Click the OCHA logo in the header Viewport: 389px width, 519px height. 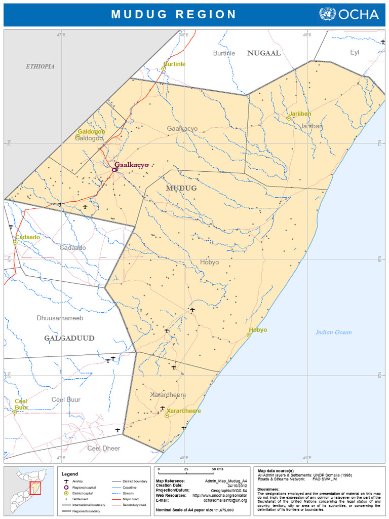[x=349, y=14]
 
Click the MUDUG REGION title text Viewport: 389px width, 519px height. [x=174, y=14]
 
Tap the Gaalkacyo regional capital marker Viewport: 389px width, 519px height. [x=114, y=170]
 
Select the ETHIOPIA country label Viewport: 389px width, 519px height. [x=40, y=66]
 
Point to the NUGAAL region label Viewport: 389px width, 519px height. [x=263, y=53]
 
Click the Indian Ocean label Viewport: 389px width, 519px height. [x=333, y=332]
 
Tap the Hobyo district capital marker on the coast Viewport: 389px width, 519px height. [x=249, y=335]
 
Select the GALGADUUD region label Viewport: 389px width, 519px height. [x=69, y=338]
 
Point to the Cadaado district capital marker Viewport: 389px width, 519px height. [x=15, y=243]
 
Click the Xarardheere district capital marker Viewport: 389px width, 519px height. [x=167, y=415]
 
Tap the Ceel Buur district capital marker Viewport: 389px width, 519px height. [x=15, y=412]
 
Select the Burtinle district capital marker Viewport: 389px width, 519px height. [x=164, y=69]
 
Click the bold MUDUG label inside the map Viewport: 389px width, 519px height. [x=181, y=188]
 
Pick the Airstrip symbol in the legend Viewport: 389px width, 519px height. [x=66, y=481]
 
